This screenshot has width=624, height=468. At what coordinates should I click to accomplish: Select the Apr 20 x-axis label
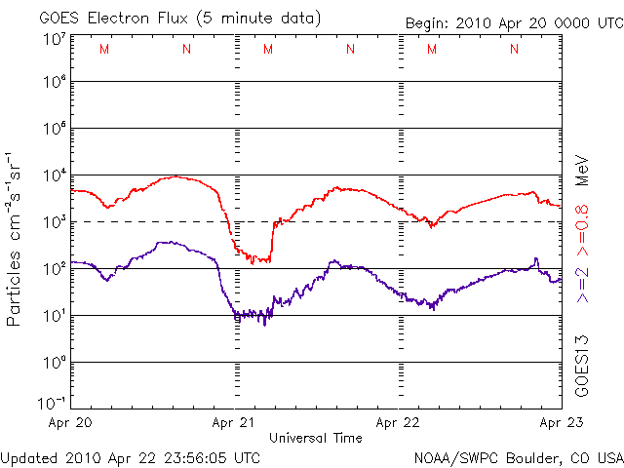pyautogui.click(x=69, y=423)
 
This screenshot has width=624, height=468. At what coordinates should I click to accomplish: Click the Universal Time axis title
pyautogui.click(x=316, y=438)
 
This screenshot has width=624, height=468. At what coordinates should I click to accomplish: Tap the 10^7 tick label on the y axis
pyautogui.click(x=54, y=39)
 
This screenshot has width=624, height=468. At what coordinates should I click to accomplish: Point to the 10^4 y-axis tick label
pyautogui.click(x=54, y=175)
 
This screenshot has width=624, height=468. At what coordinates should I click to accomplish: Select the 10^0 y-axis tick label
pyautogui.click(x=54, y=363)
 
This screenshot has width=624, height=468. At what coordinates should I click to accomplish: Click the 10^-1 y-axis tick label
pyautogui.click(x=52, y=402)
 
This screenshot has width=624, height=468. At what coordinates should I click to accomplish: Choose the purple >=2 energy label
pyautogui.click(x=581, y=282)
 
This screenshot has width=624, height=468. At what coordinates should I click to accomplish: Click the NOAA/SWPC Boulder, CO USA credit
pyautogui.click(x=518, y=457)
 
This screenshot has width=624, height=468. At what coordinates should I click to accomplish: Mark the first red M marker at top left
pyautogui.click(x=104, y=49)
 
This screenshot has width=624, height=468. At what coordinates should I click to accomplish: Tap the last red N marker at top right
pyautogui.click(x=514, y=49)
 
